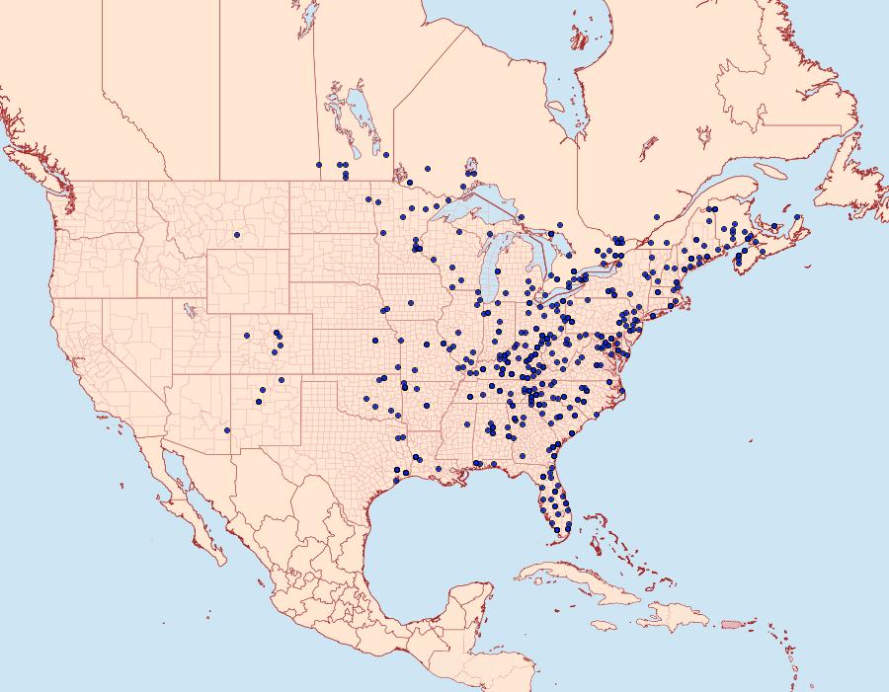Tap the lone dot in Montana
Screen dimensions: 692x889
(237, 235)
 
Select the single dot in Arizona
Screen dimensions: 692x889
(227, 429)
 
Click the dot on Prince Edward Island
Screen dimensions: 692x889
(774, 227)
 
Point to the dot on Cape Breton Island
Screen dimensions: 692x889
(797, 217)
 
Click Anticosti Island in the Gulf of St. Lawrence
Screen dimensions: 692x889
(772, 171)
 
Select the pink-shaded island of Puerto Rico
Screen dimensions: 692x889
(730, 623)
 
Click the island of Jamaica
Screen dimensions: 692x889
(605, 626)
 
